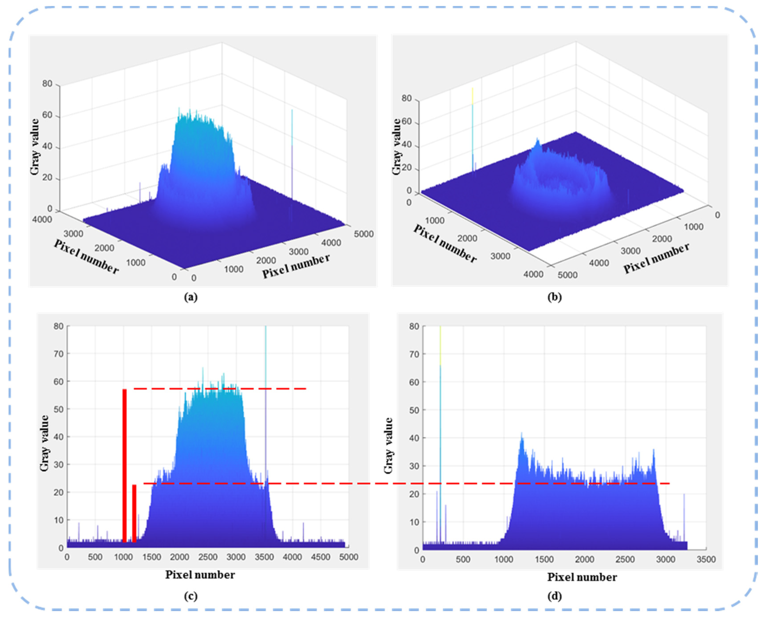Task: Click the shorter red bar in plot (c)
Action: (x=134, y=513)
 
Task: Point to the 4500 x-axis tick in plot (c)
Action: (x=320, y=557)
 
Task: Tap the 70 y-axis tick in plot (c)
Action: (x=59, y=354)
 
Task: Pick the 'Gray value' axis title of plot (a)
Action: (x=35, y=147)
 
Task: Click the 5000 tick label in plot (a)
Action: (x=363, y=234)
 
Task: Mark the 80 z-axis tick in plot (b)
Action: (x=406, y=98)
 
